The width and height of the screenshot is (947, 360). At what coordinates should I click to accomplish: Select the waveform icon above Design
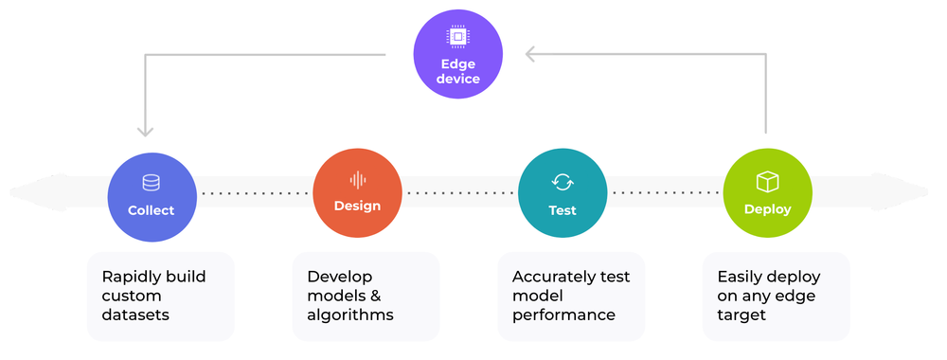pyautogui.click(x=358, y=179)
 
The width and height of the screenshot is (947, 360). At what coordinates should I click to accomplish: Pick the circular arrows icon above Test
pyautogui.click(x=563, y=182)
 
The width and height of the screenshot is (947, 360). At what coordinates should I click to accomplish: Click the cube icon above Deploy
pyautogui.click(x=767, y=181)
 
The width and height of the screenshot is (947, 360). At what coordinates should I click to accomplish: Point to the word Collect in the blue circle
pyautogui.click(x=152, y=210)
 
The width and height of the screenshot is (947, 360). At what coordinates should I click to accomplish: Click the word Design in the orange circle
pyautogui.click(x=357, y=206)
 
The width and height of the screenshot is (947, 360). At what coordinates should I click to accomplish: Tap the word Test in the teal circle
pyautogui.click(x=563, y=210)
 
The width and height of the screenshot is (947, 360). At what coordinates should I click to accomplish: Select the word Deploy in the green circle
pyautogui.click(x=767, y=209)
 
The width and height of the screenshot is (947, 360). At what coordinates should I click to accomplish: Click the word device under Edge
pyautogui.click(x=458, y=80)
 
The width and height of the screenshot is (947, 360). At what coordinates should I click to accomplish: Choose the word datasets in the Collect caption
pyautogui.click(x=135, y=315)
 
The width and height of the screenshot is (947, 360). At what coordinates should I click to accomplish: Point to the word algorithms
pyautogui.click(x=349, y=315)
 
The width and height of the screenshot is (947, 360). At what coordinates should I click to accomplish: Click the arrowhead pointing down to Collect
pyautogui.click(x=146, y=131)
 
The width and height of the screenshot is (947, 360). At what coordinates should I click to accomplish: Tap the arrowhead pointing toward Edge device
pyautogui.click(x=531, y=54)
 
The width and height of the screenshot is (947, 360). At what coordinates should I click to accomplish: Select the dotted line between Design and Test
pyautogui.click(x=460, y=193)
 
